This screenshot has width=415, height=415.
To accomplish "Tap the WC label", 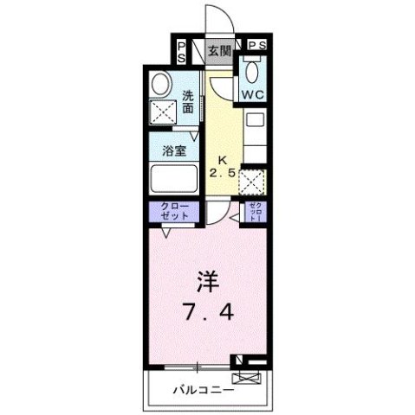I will [254, 93].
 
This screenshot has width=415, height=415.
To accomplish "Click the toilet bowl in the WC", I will [255, 69].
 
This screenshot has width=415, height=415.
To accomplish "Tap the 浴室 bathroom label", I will [174, 150].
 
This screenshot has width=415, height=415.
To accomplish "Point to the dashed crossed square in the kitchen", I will [253, 182].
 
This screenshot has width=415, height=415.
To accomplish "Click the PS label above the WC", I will [257, 45].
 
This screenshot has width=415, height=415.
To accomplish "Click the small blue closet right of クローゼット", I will [256, 210].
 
